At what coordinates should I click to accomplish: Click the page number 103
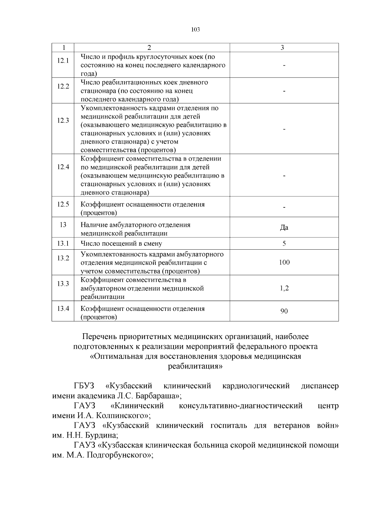[x=195, y=30]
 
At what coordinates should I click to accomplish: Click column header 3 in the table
[x=282, y=48]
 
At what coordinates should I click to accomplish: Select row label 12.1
[x=63, y=61]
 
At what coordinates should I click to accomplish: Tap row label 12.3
[x=63, y=120]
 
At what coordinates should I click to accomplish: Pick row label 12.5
[x=63, y=204]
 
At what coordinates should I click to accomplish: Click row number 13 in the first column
[x=63, y=225]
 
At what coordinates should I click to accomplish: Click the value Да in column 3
[x=284, y=227]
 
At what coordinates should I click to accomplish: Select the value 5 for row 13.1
[x=284, y=244]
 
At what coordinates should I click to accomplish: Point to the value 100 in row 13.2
[x=284, y=262]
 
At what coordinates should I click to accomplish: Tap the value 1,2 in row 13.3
[x=284, y=288]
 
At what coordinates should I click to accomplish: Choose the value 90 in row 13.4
[x=284, y=311]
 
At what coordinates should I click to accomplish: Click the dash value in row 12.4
[x=284, y=176]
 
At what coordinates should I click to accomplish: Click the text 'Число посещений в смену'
[x=121, y=244]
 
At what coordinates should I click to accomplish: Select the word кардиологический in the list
[x=256, y=386]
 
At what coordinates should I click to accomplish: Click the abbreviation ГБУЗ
[x=84, y=386]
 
